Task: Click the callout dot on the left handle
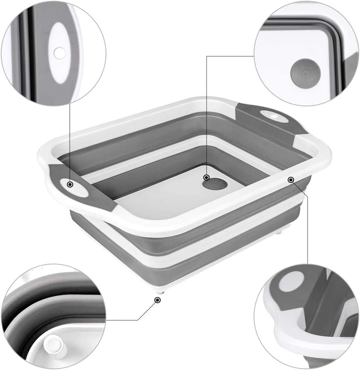tap(70, 184)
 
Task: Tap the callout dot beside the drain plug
tap(207, 177)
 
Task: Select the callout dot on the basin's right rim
tap(291, 179)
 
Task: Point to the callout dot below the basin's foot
tap(157, 300)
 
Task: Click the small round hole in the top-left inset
tap(59, 53)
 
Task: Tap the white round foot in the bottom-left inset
tap(52, 345)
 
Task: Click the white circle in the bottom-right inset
tap(291, 281)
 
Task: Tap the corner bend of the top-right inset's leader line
tap(207, 56)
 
